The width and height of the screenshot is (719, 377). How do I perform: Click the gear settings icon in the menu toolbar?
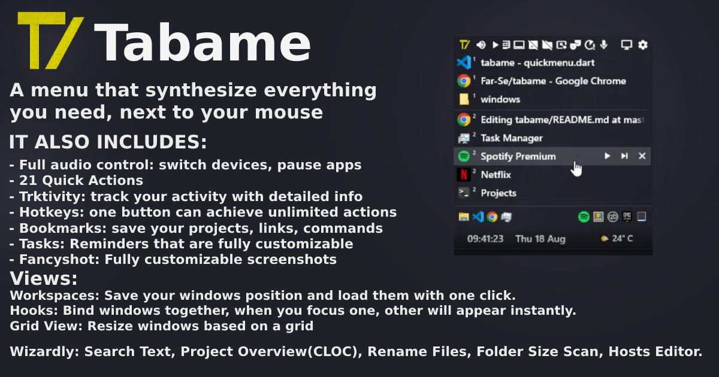(642, 45)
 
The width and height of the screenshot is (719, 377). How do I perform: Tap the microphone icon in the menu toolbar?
(604, 44)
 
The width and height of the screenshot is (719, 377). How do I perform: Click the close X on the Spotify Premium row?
(642, 156)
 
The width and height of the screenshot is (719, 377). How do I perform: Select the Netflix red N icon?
(464, 175)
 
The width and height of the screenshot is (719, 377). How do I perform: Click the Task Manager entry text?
(512, 138)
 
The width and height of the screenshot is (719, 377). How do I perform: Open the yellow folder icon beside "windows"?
(464, 99)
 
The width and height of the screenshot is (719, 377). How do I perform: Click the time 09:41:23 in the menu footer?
(485, 239)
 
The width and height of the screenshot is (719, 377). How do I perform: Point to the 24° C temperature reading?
(623, 239)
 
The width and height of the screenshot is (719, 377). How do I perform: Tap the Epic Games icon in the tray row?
(627, 217)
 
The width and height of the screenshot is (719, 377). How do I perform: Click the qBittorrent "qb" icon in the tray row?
(612, 217)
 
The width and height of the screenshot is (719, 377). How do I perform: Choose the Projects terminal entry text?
(499, 193)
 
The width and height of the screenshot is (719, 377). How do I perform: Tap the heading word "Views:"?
(44, 278)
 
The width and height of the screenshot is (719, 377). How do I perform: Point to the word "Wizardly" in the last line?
(43, 352)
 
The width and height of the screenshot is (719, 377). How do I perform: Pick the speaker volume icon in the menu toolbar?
(481, 45)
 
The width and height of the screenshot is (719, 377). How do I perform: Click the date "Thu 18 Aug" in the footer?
(540, 239)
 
